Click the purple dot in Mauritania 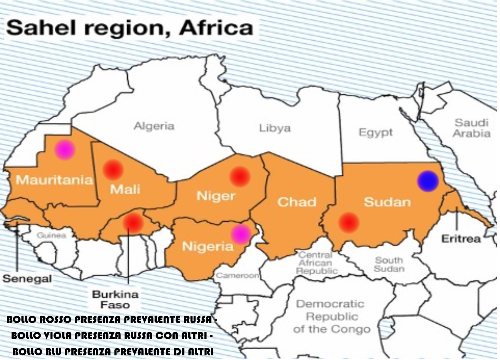tap(65, 150)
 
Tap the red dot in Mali tap(113, 169)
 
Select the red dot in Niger tap(240, 177)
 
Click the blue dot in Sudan tap(428, 181)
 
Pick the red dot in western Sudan tap(349, 223)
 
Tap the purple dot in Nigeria tap(241, 234)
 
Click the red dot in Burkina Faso tap(133, 223)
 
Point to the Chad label tap(297, 202)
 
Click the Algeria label tap(154, 126)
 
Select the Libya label tap(275, 128)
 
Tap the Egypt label tap(375, 133)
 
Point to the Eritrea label tap(461, 239)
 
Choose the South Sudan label tap(389, 264)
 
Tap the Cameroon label tap(238, 275)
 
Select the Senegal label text tap(27, 279)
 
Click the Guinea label tap(51, 235)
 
